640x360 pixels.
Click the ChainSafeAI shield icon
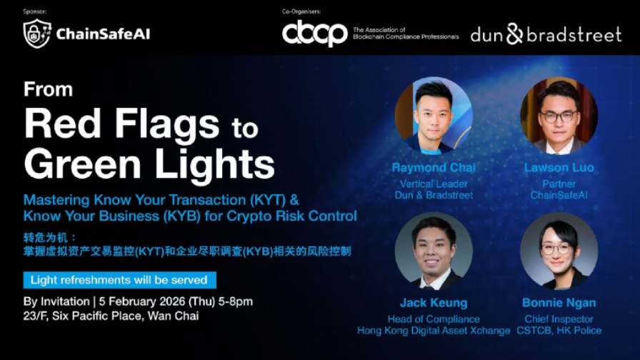click(37, 34)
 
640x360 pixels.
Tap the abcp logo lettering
click(315, 34)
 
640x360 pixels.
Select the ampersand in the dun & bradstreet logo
click(515, 34)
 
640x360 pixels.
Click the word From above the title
click(48, 89)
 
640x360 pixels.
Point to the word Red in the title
click(62, 124)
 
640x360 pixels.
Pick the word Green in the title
click(83, 164)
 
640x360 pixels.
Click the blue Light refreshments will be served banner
click(119, 280)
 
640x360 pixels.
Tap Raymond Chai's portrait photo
click(434, 116)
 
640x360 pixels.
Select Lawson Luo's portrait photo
click(559, 116)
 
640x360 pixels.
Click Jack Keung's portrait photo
click(434, 251)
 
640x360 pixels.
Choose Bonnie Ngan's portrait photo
click(559, 251)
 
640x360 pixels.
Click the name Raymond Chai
click(434, 167)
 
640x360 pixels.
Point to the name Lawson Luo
click(559, 167)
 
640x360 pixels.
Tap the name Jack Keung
click(434, 303)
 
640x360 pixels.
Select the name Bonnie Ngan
click(559, 303)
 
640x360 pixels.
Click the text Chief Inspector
click(559, 319)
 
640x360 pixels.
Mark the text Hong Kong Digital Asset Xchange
click(434, 331)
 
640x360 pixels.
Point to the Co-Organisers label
click(301, 11)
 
